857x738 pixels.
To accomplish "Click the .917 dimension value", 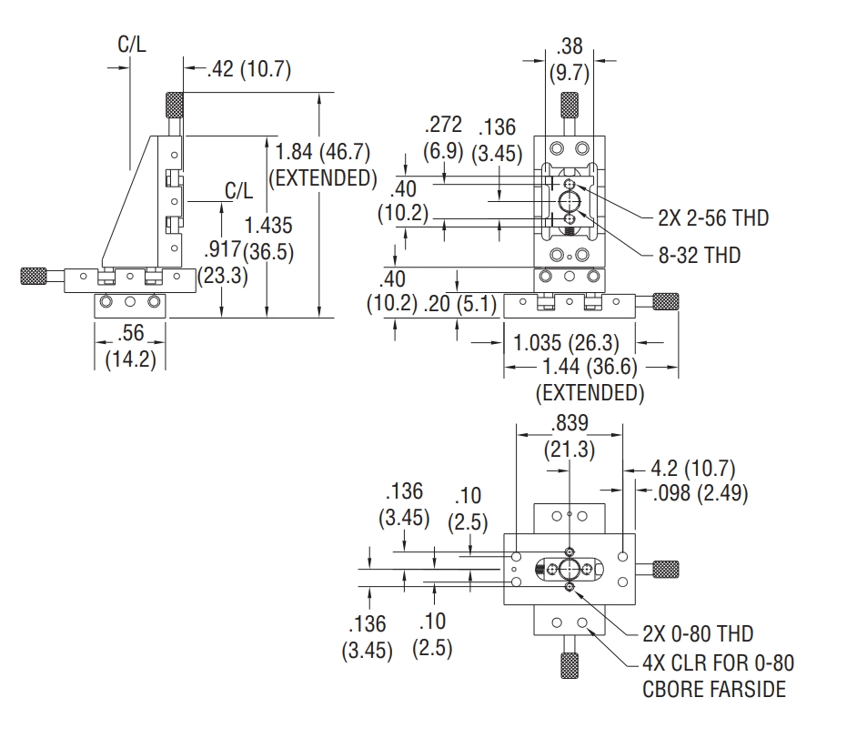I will pos(222,250).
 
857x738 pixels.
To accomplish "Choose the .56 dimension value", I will pos(131,334).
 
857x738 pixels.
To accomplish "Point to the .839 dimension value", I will pos(569,423).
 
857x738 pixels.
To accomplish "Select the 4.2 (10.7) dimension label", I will pos(694,469).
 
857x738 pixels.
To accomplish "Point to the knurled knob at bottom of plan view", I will pos(569,666).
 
